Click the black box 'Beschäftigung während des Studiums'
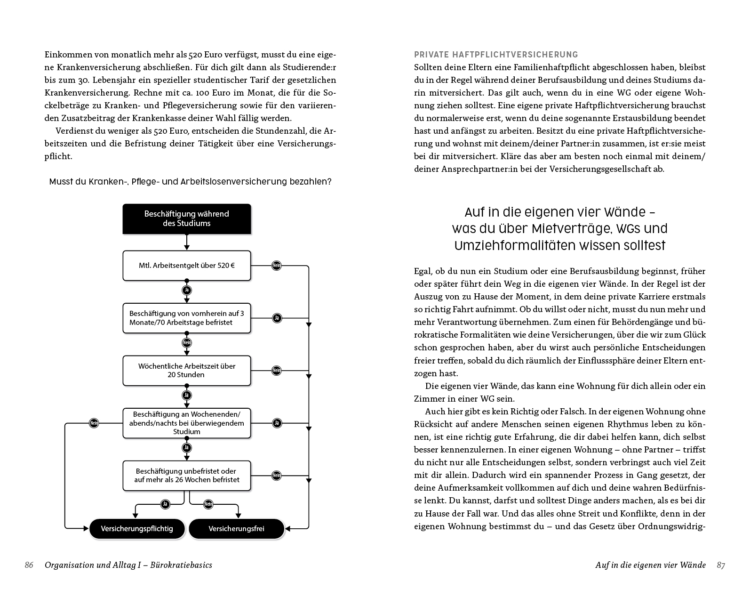(x=187, y=218)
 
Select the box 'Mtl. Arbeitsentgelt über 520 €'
(x=187, y=266)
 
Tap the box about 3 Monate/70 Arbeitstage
(x=187, y=318)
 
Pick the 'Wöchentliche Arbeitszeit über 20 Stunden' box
(x=187, y=371)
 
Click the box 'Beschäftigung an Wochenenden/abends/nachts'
(x=187, y=423)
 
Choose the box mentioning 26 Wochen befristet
(x=187, y=475)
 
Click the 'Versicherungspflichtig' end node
(x=137, y=529)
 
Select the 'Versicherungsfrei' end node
(x=237, y=529)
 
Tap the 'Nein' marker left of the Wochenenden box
(x=94, y=423)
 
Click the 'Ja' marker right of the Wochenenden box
(x=277, y=423)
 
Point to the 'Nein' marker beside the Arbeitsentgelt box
(x=277, y=266)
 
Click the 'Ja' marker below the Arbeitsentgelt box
(x=187, y=290)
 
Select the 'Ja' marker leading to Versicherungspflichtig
(x=165, y=504)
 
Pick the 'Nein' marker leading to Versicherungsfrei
(x=208, y=504)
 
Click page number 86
(x=29, y=565)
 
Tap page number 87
(x=721, y=565)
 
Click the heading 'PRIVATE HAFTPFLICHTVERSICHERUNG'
(x=496, y=55)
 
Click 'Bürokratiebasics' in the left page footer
(x=181, y=565)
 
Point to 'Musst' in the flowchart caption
(x=60, y=182)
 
